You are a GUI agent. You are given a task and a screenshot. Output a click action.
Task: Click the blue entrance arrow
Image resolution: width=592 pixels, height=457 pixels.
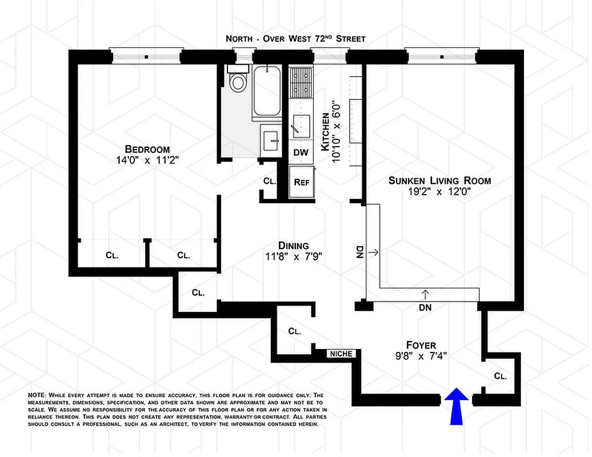458,406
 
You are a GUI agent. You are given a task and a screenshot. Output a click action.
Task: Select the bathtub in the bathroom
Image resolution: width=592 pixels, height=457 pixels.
266,91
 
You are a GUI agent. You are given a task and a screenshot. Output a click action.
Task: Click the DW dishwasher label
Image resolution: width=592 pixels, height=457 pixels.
300,153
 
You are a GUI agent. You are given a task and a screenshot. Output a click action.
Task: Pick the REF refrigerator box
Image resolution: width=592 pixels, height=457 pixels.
301,183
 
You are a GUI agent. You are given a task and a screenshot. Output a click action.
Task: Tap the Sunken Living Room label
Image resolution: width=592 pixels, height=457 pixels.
439,181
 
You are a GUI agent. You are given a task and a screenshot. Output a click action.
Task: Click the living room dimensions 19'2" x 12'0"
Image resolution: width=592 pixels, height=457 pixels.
440,193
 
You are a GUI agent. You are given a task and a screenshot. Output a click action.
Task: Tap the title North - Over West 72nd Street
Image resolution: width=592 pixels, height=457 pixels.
295,39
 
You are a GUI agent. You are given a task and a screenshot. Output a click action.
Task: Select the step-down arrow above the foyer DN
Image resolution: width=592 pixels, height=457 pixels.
426,294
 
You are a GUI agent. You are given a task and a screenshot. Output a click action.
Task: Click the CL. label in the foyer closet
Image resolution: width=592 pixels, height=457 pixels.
500,376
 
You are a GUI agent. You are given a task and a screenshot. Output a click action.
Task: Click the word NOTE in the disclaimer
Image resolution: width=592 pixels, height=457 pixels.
38,395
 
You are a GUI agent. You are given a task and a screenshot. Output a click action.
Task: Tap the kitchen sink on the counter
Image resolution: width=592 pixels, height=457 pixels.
301,123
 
